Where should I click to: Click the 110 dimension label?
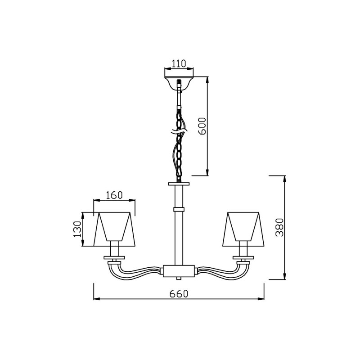(179, 63)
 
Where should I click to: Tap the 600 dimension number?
(202, 126)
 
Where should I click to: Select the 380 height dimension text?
(279, 227)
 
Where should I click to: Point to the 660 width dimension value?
(179, 294)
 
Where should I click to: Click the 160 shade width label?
(114, 195)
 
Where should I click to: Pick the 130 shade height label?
(77, 229)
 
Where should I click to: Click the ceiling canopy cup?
(179, 83)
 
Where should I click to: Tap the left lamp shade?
(114, 229)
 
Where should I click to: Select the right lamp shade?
(243, 229)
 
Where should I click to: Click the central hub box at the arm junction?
(179, 271)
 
